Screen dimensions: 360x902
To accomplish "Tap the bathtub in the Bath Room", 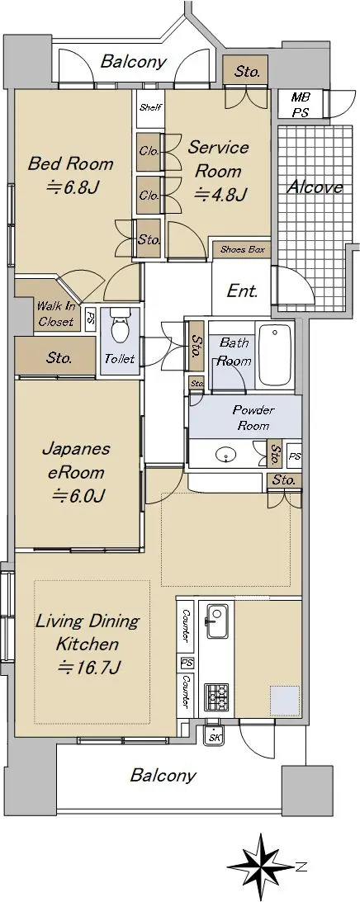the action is point(275,355).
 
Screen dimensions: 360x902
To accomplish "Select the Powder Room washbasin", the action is point(225,456).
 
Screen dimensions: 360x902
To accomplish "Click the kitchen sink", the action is point(217,621).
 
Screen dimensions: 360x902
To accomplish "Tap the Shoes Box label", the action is point(242,249).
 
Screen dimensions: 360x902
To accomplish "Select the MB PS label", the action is point(300,105).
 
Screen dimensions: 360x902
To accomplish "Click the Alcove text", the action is point(315,187).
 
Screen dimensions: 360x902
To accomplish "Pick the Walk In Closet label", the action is point(56,314).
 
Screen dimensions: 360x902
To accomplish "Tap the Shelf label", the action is point(151,107).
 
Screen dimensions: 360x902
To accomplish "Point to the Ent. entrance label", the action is point(242,291).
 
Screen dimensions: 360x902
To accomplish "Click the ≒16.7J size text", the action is point(88,668).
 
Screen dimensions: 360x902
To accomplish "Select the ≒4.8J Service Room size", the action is point(220,195).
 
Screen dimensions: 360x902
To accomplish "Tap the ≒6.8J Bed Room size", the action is point(70,187).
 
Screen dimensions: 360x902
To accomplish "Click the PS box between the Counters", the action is point(187,664).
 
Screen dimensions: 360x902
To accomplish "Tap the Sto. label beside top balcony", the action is point(247,71).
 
